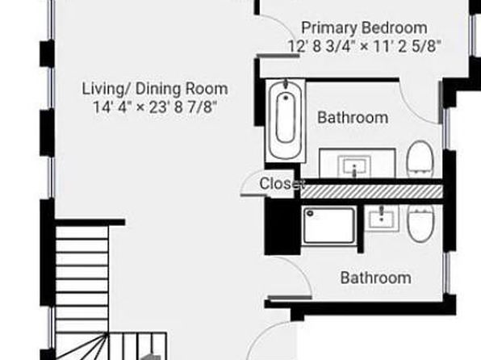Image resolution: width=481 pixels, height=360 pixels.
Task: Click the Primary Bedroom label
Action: [x=364, y=28]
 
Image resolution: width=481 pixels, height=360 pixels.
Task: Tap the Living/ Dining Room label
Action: [x=155, y=89]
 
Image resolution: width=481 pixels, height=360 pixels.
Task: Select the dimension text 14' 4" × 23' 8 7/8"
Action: [x=155, y=107]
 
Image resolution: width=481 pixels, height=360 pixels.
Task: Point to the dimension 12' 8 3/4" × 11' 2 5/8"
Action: [x=365, y=46]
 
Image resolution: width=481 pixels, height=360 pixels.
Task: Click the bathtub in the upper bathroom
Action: [x=286, y=120]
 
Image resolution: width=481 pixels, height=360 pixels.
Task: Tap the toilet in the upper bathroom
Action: [x=420, y=159]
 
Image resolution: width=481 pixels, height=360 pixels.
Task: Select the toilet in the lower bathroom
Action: [x=420, y=223]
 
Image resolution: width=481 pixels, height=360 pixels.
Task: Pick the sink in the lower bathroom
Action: [x=382, y=218]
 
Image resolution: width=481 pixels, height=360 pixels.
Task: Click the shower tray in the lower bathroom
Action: [x=329, y=225]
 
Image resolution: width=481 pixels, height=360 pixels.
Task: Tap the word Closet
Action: [x=282, y=183]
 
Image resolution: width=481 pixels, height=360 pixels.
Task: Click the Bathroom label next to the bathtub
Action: [x=353, y=118]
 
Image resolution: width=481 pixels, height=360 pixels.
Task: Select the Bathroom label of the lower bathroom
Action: [x=376, y=278]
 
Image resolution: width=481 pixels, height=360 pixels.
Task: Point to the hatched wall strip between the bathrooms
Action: [x=372, y=191]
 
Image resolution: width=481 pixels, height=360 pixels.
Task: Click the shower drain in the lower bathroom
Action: [x=310, y=213]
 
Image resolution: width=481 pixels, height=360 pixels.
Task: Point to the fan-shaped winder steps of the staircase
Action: [x=82, y=346]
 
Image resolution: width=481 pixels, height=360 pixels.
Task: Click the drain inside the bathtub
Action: [x=286, y=98]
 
